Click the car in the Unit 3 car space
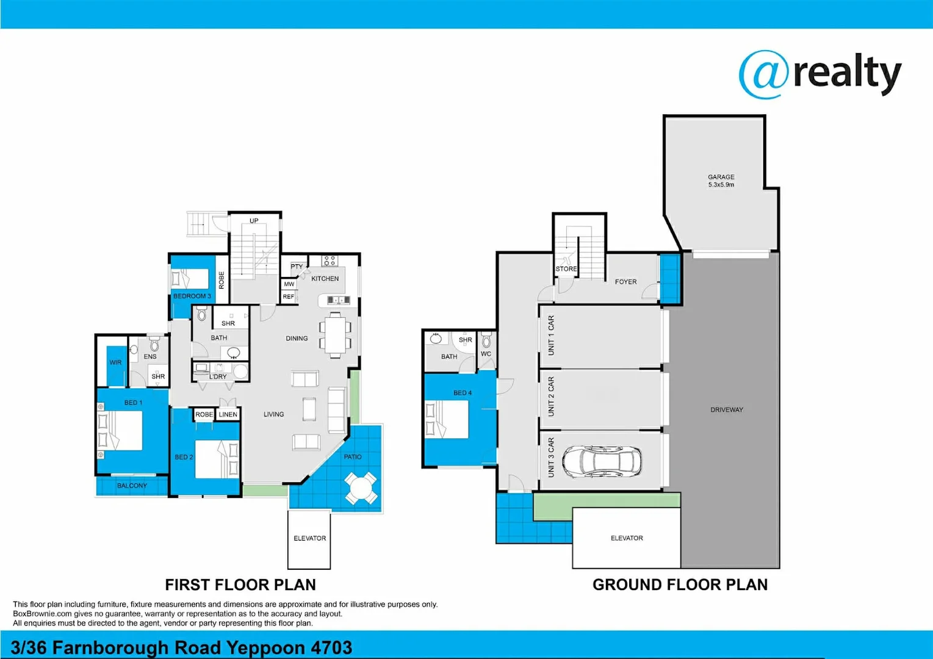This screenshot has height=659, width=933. pyautogui.click(x=602, y=461)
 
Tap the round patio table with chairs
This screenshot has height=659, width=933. pyautogui.click(x=360, y=488)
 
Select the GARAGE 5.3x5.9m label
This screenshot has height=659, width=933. pyautogui.click(x=721, y=181)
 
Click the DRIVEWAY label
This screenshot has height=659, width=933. pyautogui.click(x=727, y=410)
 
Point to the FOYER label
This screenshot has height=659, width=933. pyautogui.click(x=625, y=282)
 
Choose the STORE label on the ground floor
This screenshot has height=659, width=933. pyautogui.click(x=566, y=269)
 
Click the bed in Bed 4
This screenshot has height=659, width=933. pyautogui.click(x=447, y=419)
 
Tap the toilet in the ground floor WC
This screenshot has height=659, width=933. pyautogui.click(x=486, y=340)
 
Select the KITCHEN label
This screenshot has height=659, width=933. pyautogui.click(x=325, y=279)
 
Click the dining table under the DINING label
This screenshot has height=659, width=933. pyautogui.click(x=335, y=334)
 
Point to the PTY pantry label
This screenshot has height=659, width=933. pyautogui.click(x=297, y=267)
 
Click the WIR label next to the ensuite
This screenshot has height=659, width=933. pyautogui.click(x=115, y=362)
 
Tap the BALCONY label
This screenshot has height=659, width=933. pyautogui.click(x=132, y=486)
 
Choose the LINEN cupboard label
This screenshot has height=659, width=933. pyautogui.click(x=228, y=415)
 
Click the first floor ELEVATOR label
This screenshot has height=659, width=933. pyautogui.click(x=309, y=538)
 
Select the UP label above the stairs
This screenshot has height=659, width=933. pyautogui.click(x=254, y=221)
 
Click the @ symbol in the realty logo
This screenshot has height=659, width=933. pyautogui.click(x=763, y=74)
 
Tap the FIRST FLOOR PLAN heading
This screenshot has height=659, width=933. pyautogui.click(x=240, y=585)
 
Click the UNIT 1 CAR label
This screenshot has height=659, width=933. pyautogui.click(x=551, y=336)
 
